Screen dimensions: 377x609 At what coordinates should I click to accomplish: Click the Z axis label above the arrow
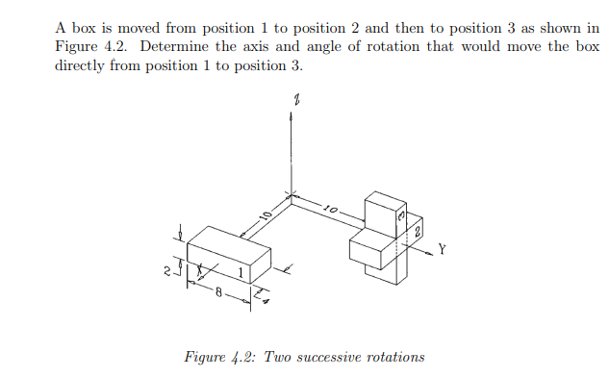pyautogui.click(x=297, y=99)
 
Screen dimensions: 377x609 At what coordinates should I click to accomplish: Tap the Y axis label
pyautogui.click(x=442, y=249)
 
